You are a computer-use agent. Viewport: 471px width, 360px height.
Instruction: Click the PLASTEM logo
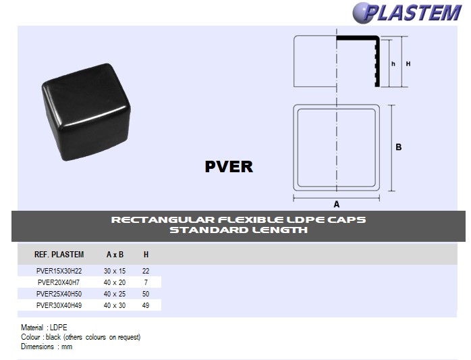click(x=407, y=13)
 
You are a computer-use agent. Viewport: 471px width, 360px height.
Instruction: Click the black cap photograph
click(x=86, y=112)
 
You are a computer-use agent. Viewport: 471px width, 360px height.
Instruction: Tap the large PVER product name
click(x=229, y=167)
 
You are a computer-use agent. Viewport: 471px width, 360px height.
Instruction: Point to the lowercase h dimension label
click(x=393, y=63)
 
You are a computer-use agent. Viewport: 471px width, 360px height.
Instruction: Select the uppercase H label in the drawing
click(x=408, y=63)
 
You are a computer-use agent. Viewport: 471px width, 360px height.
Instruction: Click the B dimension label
click(x=399, y=147)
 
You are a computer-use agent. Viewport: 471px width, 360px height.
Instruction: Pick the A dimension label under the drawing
click(x=337, y=204)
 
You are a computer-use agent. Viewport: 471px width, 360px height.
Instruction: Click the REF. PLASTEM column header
click(x=59, y=255)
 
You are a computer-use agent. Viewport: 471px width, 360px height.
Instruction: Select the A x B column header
click(x=115, y=255)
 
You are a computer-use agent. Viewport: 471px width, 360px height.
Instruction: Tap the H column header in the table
click(x=146, y=255)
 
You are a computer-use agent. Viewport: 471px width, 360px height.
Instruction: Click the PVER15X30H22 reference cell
click(x=59, y=271)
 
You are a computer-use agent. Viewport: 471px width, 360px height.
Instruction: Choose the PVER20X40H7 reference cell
click(x=59, y=282)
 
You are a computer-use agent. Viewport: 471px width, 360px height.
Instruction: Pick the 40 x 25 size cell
click(x=115, y=294)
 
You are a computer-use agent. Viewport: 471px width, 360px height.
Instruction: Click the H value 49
click(x=146, y=305)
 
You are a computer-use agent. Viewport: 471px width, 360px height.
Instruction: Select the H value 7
click(x=146, y=282)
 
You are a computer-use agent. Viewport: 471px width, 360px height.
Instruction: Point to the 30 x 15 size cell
click(x=115, y=271)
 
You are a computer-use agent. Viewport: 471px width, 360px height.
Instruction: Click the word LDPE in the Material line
click(x=59, y=327)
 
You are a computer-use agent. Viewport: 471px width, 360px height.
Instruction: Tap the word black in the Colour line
click(x=53, y=337)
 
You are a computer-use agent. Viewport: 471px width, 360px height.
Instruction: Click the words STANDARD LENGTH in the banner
click(x=238, y=230)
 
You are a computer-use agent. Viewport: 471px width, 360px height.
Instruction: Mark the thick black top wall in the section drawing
click(x=358, y=38)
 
